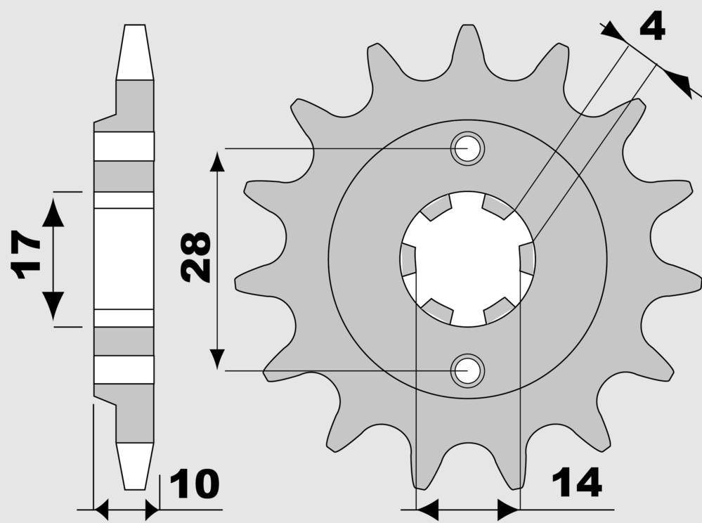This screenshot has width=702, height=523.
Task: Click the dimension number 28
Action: coord(195,257)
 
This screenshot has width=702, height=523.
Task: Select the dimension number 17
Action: coord(25,254)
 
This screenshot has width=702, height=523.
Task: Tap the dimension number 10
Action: coord(195,484)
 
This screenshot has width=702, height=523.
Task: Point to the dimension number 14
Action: coord(577,483)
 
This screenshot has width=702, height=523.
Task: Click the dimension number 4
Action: coord(652,25)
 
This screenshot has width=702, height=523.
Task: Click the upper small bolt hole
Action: coord(467,148)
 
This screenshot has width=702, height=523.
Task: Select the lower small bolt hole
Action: coord(467,371)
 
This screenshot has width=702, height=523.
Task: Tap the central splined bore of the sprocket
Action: coord(467,259)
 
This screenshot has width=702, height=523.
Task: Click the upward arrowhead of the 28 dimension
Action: coord(217,161)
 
